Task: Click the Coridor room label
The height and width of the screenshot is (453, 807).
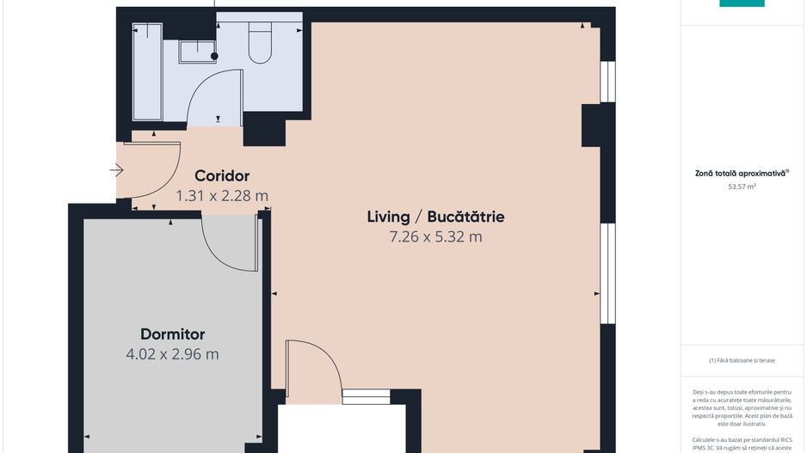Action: point(221,174)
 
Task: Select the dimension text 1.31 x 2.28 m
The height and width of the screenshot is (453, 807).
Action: point(222,196)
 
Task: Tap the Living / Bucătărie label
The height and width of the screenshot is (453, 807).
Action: point(435,217)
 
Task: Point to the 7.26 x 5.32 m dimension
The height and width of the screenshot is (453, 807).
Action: point(435,237)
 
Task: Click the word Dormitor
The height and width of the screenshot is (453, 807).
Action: point(173,334)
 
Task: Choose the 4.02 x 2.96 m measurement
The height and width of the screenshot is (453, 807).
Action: point(173,353)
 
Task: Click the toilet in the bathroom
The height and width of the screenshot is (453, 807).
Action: point(260,45)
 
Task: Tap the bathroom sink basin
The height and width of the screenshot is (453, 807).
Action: point(197,52)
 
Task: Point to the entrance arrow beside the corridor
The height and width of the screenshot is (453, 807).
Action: point(117,171)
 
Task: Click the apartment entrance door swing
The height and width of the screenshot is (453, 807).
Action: point(155,172)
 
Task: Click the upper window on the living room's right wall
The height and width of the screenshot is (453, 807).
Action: point(608,82)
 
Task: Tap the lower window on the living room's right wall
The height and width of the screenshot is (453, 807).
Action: point(608,273)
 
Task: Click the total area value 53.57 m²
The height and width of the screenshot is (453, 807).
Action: point(742,186)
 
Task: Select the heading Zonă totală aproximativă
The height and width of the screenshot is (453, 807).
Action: point(742,173)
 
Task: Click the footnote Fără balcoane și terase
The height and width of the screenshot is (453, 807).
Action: point(742,360)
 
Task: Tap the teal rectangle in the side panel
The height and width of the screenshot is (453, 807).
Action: point(742,3)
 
